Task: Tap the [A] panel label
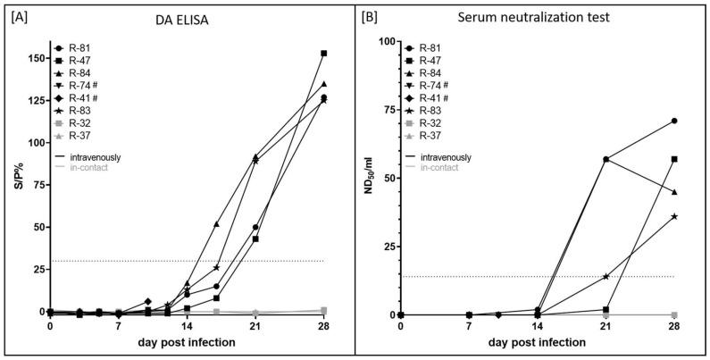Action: [19, 15]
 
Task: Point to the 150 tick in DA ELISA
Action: [35, 58]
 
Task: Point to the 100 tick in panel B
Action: [385, 41]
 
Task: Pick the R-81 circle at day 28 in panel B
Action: [674, 121]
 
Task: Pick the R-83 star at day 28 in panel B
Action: [674, 216]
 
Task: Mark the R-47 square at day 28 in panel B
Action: [674, 159]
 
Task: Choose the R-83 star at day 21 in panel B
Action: [606, 276]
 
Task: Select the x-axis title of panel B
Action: [537, 345]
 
